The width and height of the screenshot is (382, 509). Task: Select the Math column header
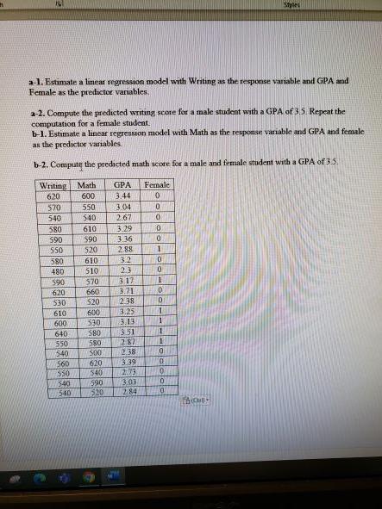pyautogui.click(x=86, y=185)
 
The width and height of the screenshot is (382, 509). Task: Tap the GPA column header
pyautogui.click(x=122, y=185)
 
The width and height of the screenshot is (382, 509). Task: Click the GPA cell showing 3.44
pyautogui.click(x=122, y=196)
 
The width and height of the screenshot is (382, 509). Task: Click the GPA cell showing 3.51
pyautogui.click(x=124, y=334)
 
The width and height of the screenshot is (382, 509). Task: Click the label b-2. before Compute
pyautogui.click(x=39, y=162)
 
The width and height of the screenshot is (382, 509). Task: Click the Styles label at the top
pyautogui.click(x=352, y=4)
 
